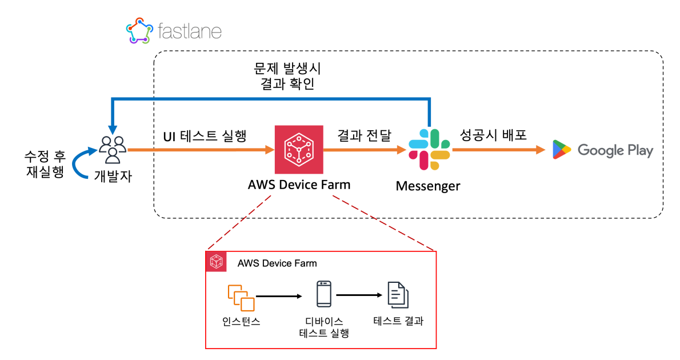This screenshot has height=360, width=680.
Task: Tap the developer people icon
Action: tap(113, 149)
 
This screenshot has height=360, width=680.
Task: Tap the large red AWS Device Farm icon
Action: tap(299, 150)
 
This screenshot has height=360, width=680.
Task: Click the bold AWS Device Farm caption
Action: tap(299, 185)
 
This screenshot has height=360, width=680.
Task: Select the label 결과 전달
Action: tap(364, 135)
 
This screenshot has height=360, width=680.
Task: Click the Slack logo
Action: tap(429, 149)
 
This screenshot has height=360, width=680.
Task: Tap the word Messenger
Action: tap(427, 186)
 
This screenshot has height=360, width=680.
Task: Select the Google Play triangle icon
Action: tap(561, 150)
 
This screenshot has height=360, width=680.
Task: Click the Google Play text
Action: tap(615, 150)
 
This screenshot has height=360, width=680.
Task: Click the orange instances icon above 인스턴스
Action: tap(241, 297)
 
